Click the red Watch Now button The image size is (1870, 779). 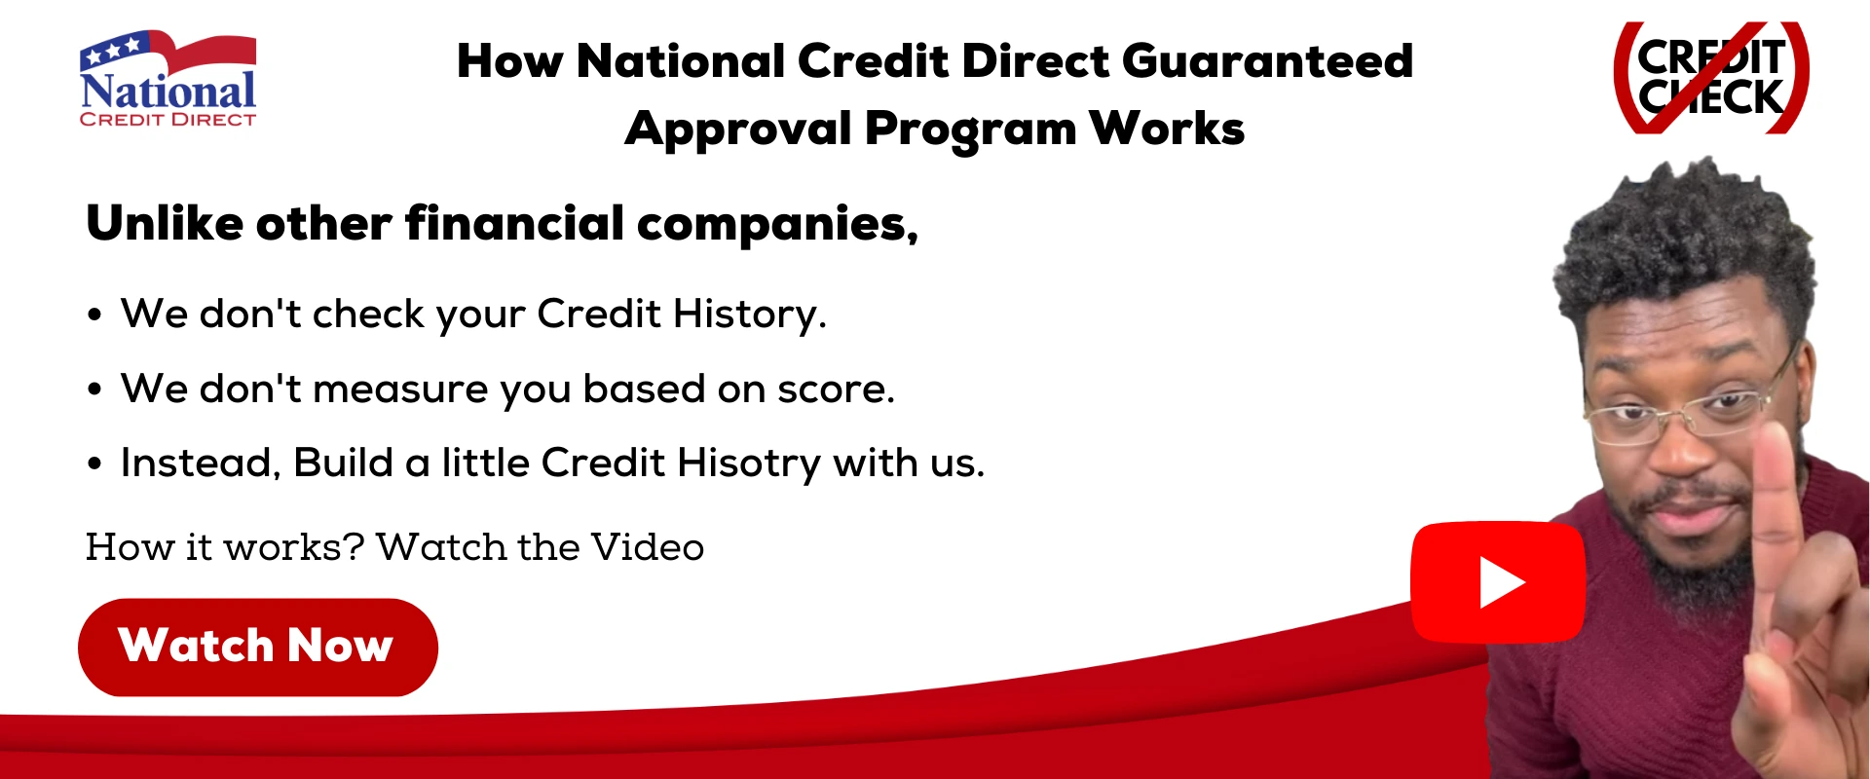coord(257,647)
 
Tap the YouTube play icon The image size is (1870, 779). coord(1498,582)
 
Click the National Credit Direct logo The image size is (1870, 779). coord(168,80)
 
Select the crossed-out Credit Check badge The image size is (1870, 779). coord(1711,78)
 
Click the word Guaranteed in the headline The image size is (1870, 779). coord(1267,61)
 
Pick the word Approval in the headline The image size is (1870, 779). coord(737,130)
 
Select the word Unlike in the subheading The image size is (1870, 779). coord(165,224)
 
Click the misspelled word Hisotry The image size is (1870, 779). coord(749,464)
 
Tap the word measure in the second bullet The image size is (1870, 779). coord(399,389)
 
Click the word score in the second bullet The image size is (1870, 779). coord(836,389)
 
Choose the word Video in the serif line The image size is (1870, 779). coord(648,547)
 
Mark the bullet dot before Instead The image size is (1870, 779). coord(94,464)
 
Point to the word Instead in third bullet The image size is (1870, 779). coord(200,464)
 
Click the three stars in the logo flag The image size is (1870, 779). coord(113,50)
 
